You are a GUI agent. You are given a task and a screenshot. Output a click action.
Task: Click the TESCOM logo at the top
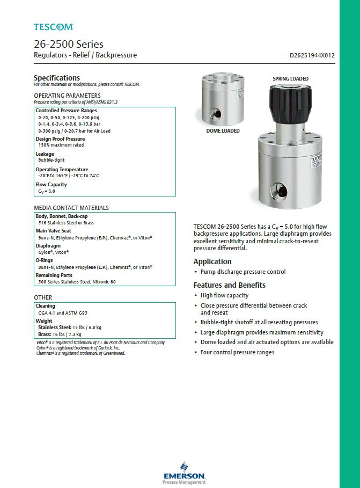point(53,26)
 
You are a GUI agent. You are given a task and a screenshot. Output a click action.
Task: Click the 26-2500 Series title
point(68,44)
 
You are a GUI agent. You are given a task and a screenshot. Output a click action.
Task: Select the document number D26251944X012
point(312,55)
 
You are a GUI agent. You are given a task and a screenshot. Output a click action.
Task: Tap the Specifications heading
point(56,78)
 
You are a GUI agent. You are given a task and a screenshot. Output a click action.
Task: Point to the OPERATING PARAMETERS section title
point(67,96)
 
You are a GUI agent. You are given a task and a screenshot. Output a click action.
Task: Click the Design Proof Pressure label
point(60,139)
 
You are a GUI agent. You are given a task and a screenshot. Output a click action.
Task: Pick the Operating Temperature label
point(62,170)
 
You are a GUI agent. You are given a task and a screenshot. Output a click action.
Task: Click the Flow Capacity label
point(51,185)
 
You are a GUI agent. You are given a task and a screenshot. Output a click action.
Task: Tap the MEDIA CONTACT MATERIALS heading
point(71,208)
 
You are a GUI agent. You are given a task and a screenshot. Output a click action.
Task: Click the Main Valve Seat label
point(53,230)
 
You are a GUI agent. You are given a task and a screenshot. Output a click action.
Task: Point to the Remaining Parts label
point(54,275)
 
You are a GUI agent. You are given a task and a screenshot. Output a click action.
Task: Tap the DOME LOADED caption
point(223,130)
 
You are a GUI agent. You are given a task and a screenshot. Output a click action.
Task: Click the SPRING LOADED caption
point(290,79)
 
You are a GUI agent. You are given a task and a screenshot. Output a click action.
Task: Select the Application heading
point(212,261)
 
